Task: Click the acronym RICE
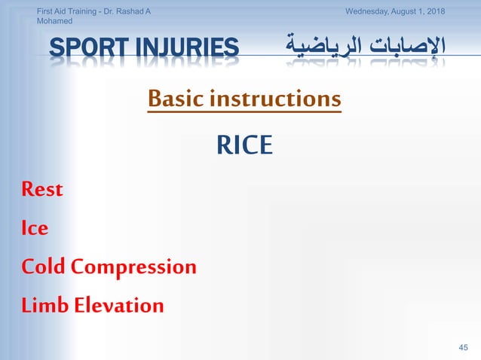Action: pos(244,145)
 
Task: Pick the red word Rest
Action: pos(42,189)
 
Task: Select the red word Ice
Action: pos(35,227)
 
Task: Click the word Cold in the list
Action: pos(44,267)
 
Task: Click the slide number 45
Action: pos(464,346)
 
